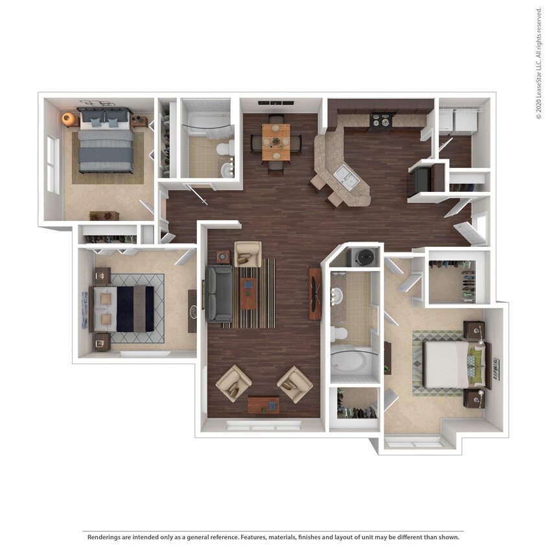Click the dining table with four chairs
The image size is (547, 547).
[276, 142]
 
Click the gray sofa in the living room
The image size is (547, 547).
[218, 294]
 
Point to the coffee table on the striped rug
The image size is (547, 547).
[248, 293]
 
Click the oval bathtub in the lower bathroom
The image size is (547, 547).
[353, 364]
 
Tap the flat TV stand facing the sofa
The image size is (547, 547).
[315, 293]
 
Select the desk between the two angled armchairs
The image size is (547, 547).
[264, 405]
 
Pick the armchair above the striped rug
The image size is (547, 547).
[247, 253]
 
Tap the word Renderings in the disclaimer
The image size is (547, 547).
[106, 537]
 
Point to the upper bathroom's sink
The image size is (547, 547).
[226, 170]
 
